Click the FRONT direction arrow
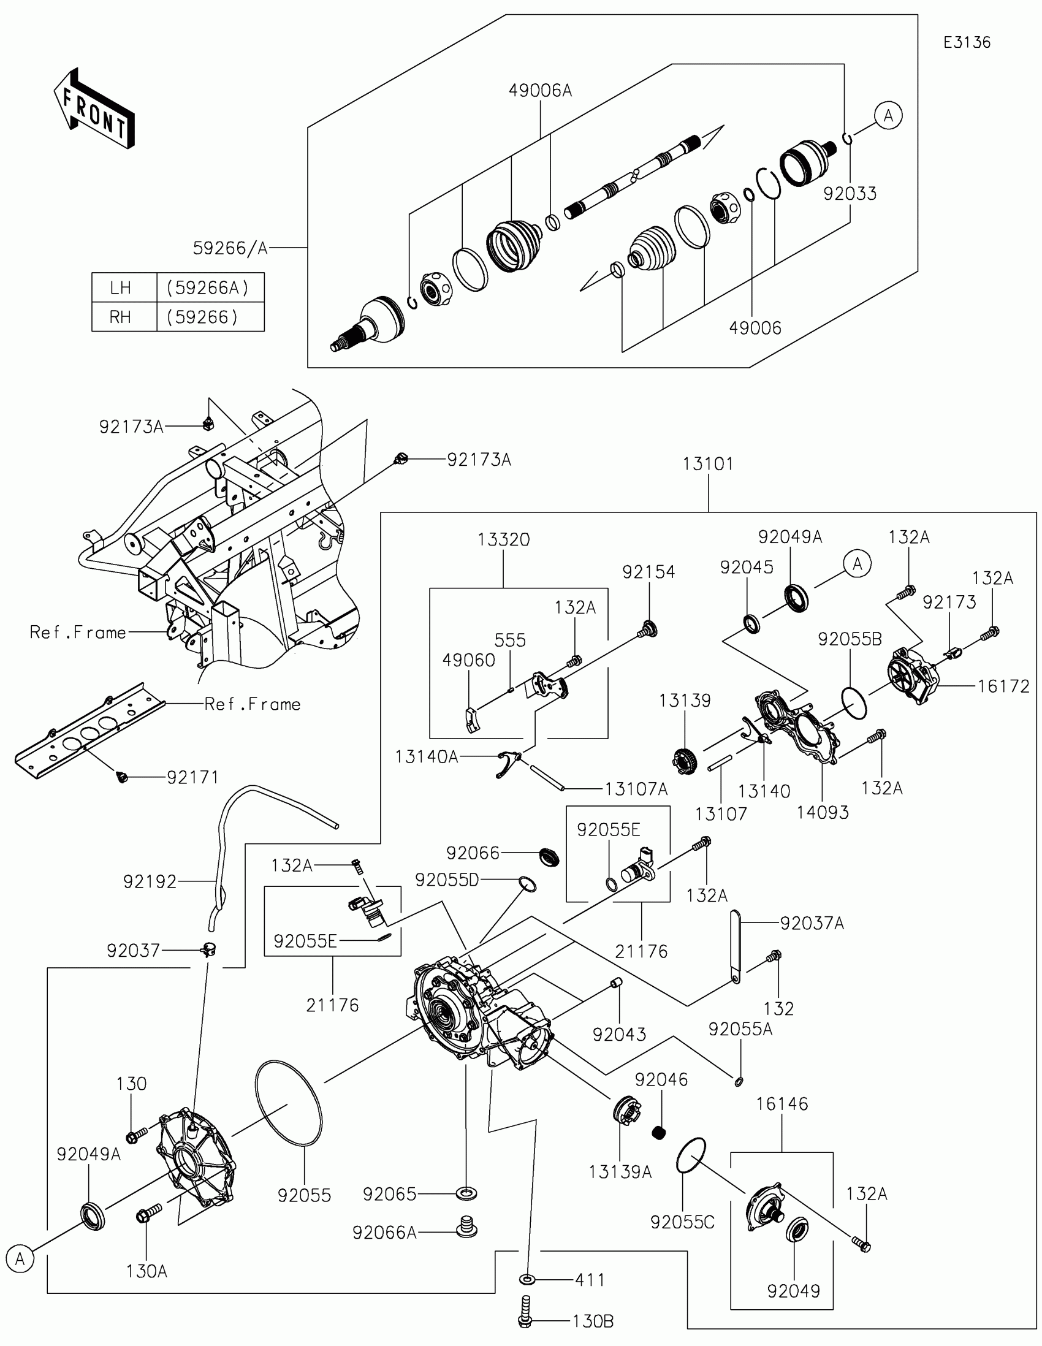[x=94, y=110]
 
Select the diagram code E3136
[x=967, y=42]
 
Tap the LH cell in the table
[x=121, y=288]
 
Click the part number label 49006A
[x=541, y=91]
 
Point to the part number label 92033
[x=850, y=194]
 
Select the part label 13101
[x=708, y=464]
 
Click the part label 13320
[x=503, y=540]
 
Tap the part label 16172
[x=1003, y=686]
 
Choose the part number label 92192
[x=150, y=882]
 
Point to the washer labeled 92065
[x=466, y=1194]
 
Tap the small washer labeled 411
[x=528, y=1280]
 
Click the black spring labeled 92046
[x=660, y=1133]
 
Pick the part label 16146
[x=782, y=1104]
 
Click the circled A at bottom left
[x=20, y=1259]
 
